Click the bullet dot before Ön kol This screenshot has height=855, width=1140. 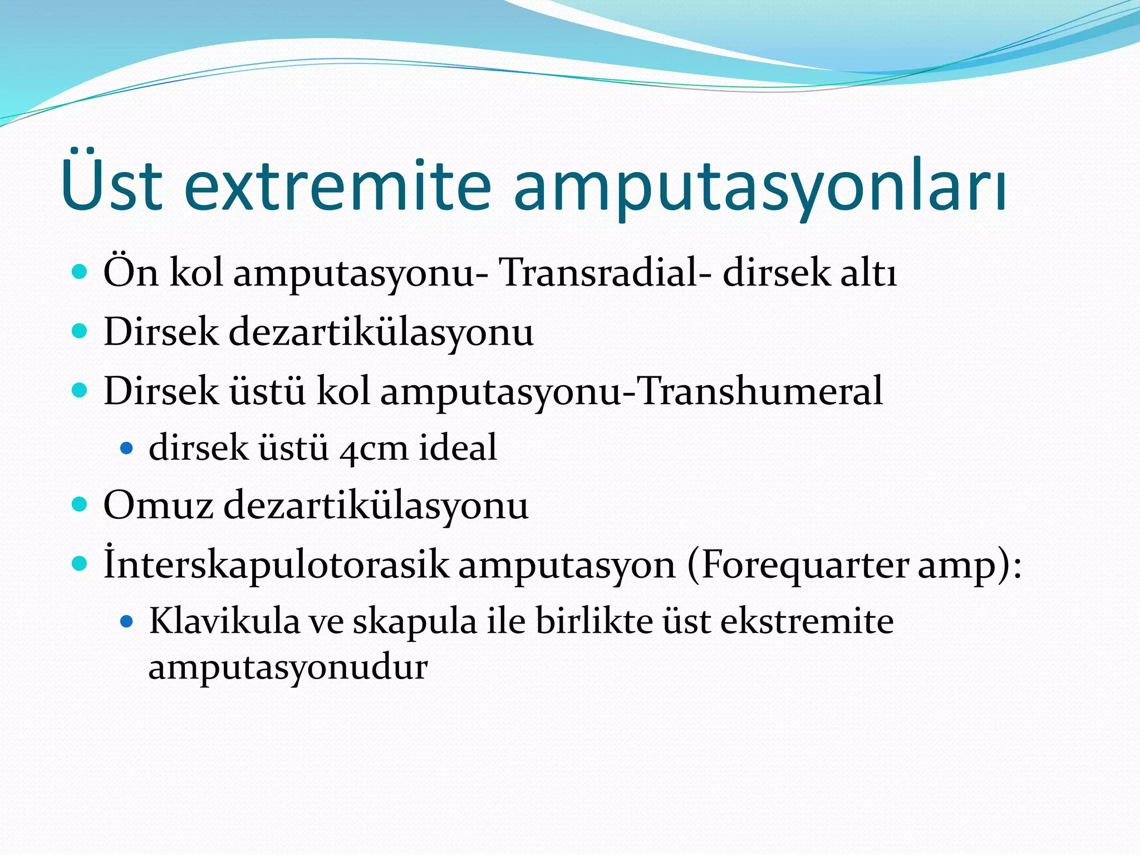tap(80, 272)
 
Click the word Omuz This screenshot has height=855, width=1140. tap(158, 505)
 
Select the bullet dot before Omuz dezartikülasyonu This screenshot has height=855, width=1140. tap(80, 505)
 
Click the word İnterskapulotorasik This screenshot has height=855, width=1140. tap(276, 564)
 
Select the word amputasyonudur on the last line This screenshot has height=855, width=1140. tap(287, 667)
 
